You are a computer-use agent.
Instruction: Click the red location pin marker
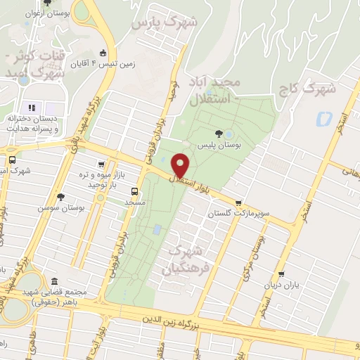click(181, 165)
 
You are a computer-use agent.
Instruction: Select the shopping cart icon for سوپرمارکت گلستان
click(240, 202)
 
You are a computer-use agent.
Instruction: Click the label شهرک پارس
click(165, 23)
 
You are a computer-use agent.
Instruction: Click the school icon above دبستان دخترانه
click(31, 108)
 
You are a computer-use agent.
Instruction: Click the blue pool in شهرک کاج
click(324, 118)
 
